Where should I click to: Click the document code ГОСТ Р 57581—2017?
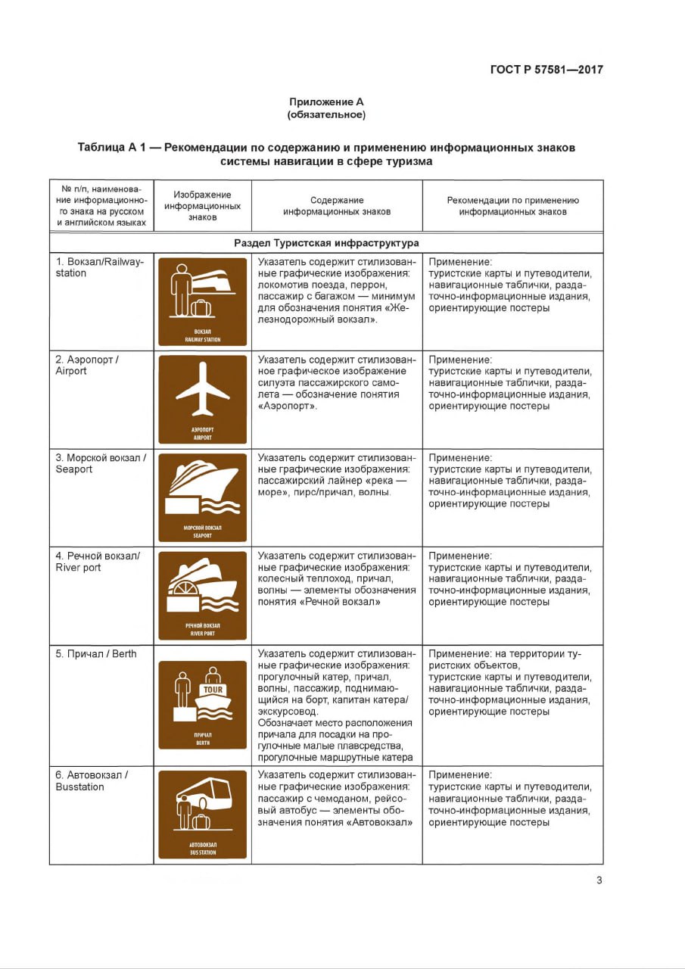[546, 70]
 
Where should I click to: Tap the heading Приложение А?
[326, 101]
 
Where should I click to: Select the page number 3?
[599, 880]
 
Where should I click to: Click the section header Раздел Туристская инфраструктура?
[326, 243]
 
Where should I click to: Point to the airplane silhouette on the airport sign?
[202, 389]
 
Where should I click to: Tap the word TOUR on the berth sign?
[212, 690]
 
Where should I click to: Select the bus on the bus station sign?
[206, 792]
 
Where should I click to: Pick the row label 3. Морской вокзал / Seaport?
[100, 463]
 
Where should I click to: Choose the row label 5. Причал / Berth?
[96, 653]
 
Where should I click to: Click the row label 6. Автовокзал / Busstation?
[91, 780]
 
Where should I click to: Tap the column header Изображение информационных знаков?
[202, 205]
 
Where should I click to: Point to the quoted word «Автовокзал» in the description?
[382, 822]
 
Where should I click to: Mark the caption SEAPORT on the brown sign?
[202, 535]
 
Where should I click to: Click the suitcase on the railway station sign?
[201, 307]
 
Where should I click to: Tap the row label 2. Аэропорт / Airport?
[87, 365]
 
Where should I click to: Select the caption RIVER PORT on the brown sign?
[202, 633]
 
